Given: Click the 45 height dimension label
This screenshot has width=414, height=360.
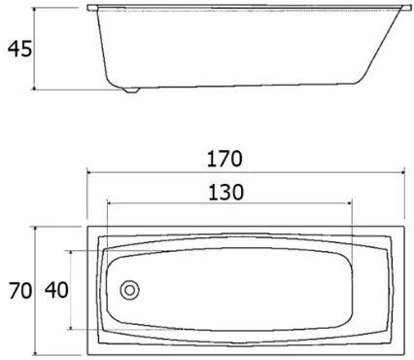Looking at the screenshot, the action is [x=19, y=49].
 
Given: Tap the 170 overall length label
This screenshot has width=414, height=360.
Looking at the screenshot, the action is [x=224, y=159].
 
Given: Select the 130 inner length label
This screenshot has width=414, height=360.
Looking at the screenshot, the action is [x=225, y=192].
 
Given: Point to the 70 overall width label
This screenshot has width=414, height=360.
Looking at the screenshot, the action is [x=20, y=291].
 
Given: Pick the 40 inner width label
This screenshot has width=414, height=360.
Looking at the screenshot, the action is [x=56, y=290].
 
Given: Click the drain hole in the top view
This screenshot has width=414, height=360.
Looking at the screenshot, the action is [x=129, y=290].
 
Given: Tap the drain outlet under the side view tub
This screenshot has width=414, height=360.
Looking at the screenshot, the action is [x=131, y=90].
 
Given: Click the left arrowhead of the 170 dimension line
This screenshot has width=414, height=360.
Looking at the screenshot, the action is [x=89, y=172].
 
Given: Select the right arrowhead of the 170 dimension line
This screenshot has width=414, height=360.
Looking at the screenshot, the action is [x=402, y=172].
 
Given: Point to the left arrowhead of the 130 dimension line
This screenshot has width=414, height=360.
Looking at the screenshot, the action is [x=109, y=203].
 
